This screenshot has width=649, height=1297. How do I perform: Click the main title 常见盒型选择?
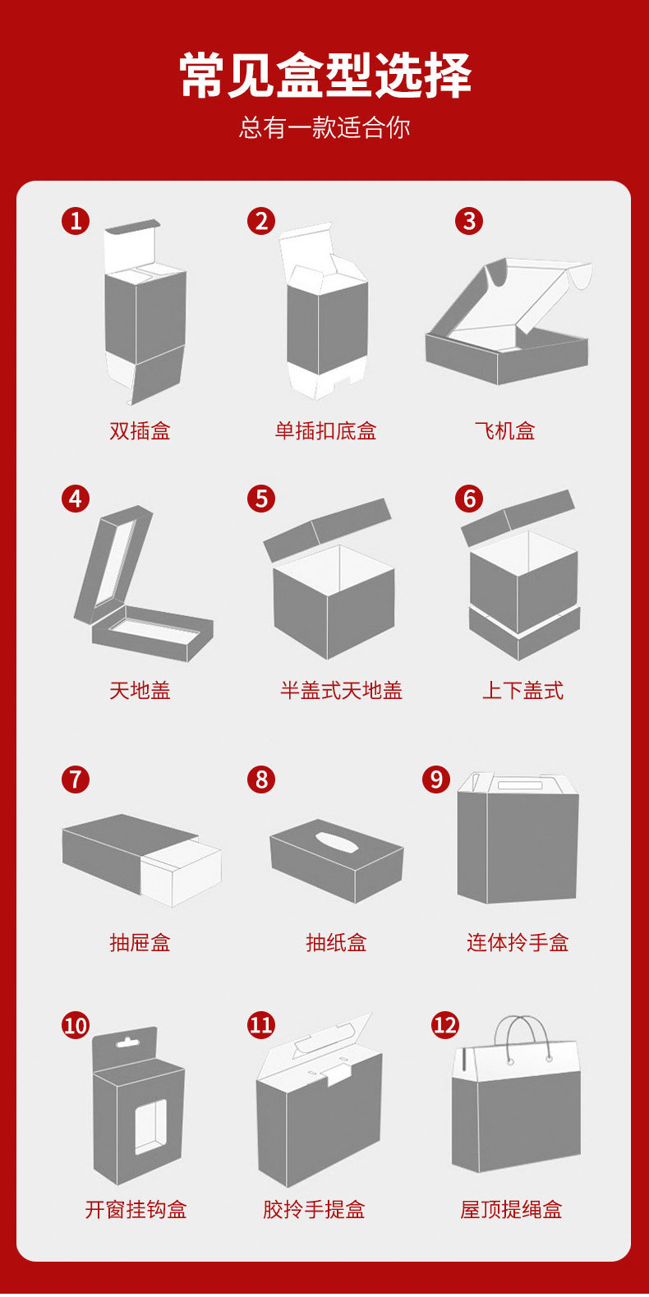click(x=324, y=76)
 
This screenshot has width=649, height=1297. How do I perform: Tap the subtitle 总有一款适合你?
click(x=324, y=127)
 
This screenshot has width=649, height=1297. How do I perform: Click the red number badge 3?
click(x=469, y=221)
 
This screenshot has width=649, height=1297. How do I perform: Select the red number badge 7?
click(x=76, y=780)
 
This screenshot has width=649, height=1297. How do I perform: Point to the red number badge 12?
click(x=445, y=1025)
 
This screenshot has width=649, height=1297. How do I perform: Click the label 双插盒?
click(x=140, y=430)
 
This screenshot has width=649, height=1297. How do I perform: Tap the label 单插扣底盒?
click(x=325, y=430)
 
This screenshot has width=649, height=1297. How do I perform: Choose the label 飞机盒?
click(x=505, y=430)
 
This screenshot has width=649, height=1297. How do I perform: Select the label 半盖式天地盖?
click(x=341, y=690)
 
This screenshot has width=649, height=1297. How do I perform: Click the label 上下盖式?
click(x=522, y=690)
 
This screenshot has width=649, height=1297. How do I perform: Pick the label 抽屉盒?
click(x=140, y=943)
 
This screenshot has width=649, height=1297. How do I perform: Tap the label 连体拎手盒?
click(x=518, y=943)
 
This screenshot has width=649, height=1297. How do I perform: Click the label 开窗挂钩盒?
click(x=136, y=1210)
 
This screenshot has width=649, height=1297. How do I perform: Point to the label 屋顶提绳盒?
click(x=511, y=1210)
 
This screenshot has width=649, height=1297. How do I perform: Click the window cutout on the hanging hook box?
click(x=150, y=1126)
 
